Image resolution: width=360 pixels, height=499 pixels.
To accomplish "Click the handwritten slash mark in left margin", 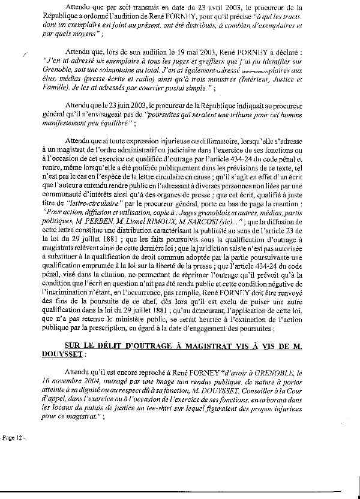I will pos(23,54).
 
